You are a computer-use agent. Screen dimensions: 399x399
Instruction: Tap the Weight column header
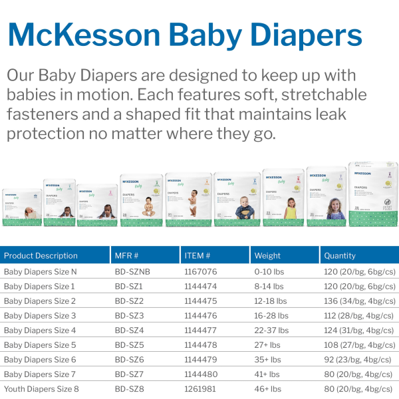click(x=267, y=255)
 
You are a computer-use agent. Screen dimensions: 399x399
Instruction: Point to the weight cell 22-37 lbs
click(x=271, y=330)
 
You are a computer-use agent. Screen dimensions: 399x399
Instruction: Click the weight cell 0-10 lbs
click(x=269, y=271)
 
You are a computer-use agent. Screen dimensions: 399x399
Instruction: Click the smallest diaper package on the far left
click(x=22, y=207)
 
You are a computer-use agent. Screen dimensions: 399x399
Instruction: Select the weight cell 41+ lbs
click(x=266, y=374)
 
